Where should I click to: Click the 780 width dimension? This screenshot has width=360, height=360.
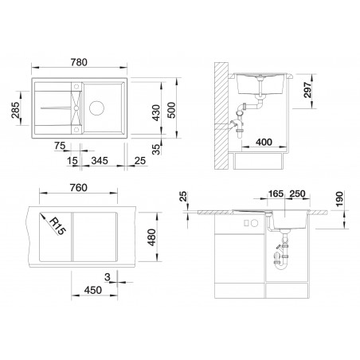[79, 62]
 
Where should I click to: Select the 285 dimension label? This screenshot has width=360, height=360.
[15, 110]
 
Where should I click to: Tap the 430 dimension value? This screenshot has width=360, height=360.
[156, 112]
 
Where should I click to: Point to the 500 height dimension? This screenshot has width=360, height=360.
[171, 110]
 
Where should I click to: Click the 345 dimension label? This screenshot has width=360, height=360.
[100, 161]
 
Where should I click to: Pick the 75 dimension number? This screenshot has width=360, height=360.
[60, 146]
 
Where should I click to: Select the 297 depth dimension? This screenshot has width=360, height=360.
[307, 90]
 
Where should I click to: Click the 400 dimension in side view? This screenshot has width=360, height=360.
[264, 142]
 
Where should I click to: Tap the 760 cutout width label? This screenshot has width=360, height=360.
[78, 188]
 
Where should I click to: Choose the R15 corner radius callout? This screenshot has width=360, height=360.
[57, 226]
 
